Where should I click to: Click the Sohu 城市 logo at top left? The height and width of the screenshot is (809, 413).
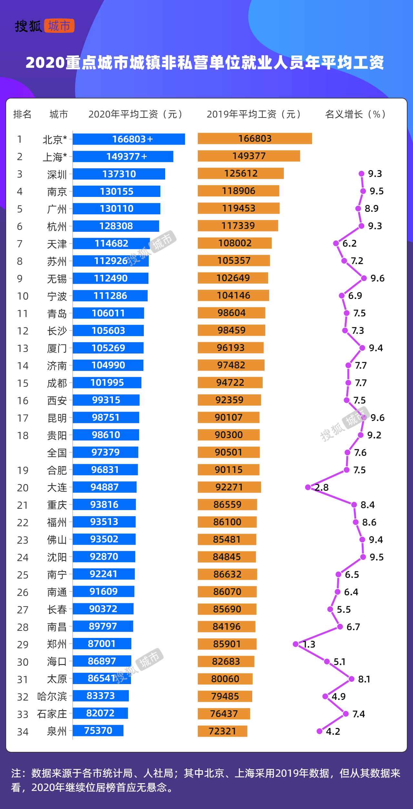pos(45,26)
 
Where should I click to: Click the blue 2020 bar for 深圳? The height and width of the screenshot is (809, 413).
pos(119,174)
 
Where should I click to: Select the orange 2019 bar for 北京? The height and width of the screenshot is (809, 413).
pos(255,138)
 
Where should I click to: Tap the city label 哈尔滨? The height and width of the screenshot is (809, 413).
pos(52,696)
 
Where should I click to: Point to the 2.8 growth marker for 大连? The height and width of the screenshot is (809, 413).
pos(308,487)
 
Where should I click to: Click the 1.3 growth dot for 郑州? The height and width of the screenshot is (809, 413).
pos(296,644)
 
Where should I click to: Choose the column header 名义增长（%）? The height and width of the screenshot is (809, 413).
pos(355,114)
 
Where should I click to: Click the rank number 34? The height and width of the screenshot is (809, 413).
pos(23,732)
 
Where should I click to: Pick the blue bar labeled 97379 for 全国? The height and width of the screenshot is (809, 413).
pos(105,452)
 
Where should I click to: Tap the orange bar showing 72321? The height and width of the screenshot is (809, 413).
pos(222,731)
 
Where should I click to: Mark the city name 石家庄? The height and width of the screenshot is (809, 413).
pos(52,714)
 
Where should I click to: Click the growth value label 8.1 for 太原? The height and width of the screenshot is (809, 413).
pos(364,679)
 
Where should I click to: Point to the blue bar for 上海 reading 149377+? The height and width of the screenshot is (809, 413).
pos(123,157)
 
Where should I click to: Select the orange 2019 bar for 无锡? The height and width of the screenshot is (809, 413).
pos(233,278)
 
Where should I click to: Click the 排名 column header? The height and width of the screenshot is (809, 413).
pos(22,114)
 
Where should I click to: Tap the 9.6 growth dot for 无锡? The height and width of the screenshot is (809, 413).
pos(364,278)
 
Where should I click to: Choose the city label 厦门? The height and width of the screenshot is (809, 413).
pos(57,348)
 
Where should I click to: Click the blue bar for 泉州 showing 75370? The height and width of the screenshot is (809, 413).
pos(98,731)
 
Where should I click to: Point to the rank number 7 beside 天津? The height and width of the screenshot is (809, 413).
pos(20,244)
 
